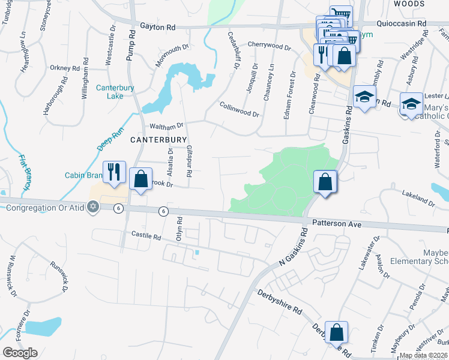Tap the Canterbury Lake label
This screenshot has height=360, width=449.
click(x=115, y=92)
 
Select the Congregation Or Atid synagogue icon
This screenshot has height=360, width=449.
click(x=92, y=208)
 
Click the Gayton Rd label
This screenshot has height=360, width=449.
click(x=158, y=27)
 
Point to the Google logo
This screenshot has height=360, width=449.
click(x=20, y=353)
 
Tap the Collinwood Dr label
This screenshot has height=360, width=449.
click(x=239, y=109)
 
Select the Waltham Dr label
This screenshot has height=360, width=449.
click(x=166, y=127)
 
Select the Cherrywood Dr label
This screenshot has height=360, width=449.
click(x=268, y=46)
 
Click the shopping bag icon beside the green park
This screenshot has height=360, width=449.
click(x=325, y=181)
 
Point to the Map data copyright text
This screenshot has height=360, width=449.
click(x=424, y=355)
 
